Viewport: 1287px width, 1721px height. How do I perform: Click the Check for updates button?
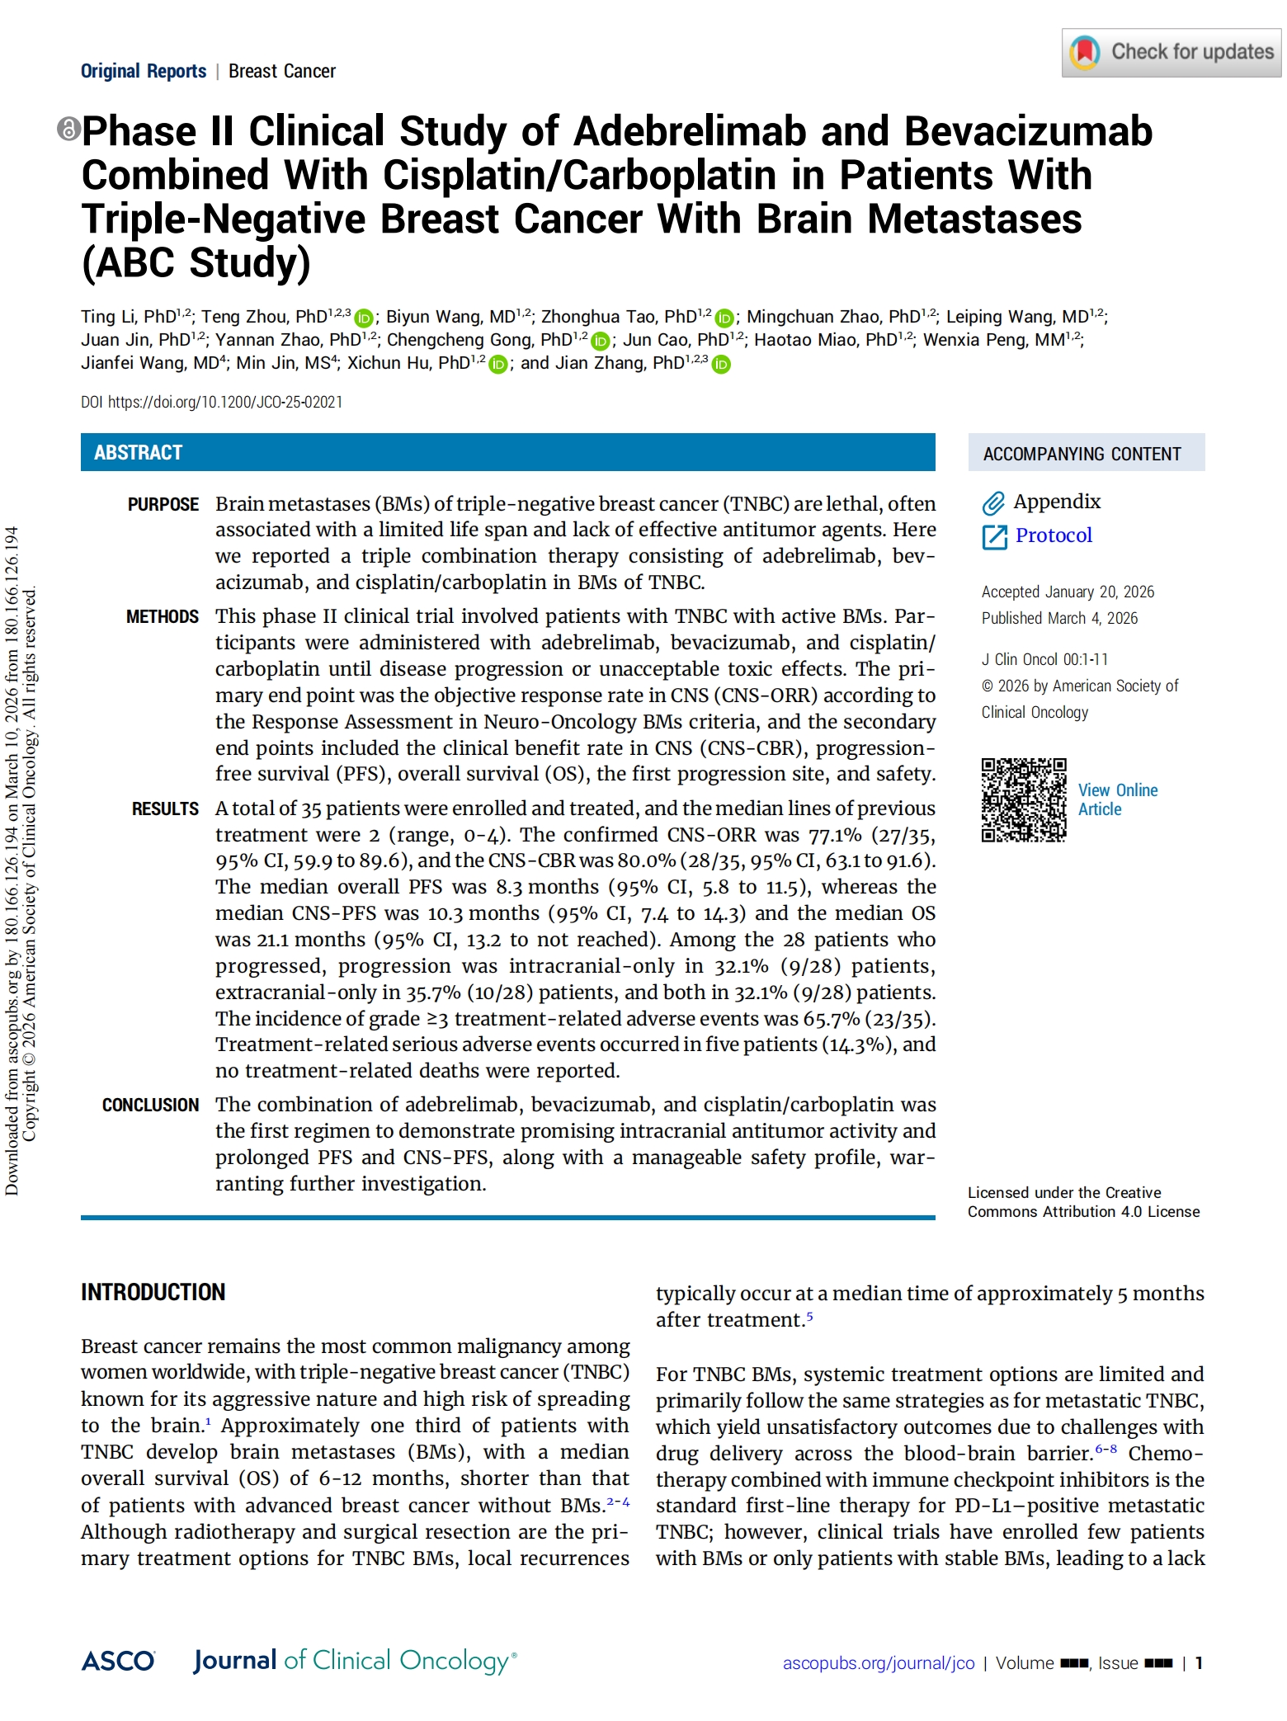pyautogui.click(x=1171, y=53)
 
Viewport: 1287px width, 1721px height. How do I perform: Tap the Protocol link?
pyautogui.click(x=1054, y=535)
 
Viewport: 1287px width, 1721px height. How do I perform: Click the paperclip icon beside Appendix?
pyautogui.click(x=993, y=502)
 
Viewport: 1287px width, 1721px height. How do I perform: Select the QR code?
pyautogui.click(x=1023, y=799)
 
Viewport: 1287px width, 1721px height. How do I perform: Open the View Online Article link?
pyautogui.click(x=1117, y=799)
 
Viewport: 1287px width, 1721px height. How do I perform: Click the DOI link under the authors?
pyautogui.click(x=224, y=402)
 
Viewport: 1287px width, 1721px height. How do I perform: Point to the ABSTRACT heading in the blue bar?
pyautogui.click(x=138, y=452)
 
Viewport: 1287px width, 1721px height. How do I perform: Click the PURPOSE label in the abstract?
pyautogui.click(x=163, y=504)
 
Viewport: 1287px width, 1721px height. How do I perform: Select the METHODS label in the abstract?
pyautogui.click(x=163, y=616)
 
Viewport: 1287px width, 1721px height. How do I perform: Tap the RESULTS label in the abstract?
pyautogui.click(x=165, y=809)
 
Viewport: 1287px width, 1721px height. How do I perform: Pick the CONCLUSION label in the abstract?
pyautogui.click(x=150, y=1105)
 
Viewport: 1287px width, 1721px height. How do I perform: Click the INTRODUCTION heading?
pyautogui.click(x=153, y=1292)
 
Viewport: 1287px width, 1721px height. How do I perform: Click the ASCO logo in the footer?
pyautogui.click(x=118, y=1661)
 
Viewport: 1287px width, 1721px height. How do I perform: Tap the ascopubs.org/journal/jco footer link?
pyautogui.click(x=879, y=1662)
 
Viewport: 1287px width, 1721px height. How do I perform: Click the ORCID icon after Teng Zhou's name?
pyautogui.click(x=364, y=318)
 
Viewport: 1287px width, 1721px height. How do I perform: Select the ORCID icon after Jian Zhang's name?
pyautogui.click(x=721, y=364)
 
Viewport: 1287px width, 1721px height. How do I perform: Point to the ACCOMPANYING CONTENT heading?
pyautogui.click(x=1082, y=454)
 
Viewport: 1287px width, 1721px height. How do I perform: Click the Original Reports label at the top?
pyautogui.click(x=144, y=71)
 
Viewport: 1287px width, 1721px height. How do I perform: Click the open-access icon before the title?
pyautogui.click(x=68, y=129)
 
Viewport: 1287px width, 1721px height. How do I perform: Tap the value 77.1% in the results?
pyautogui.click(x=835, y=835)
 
